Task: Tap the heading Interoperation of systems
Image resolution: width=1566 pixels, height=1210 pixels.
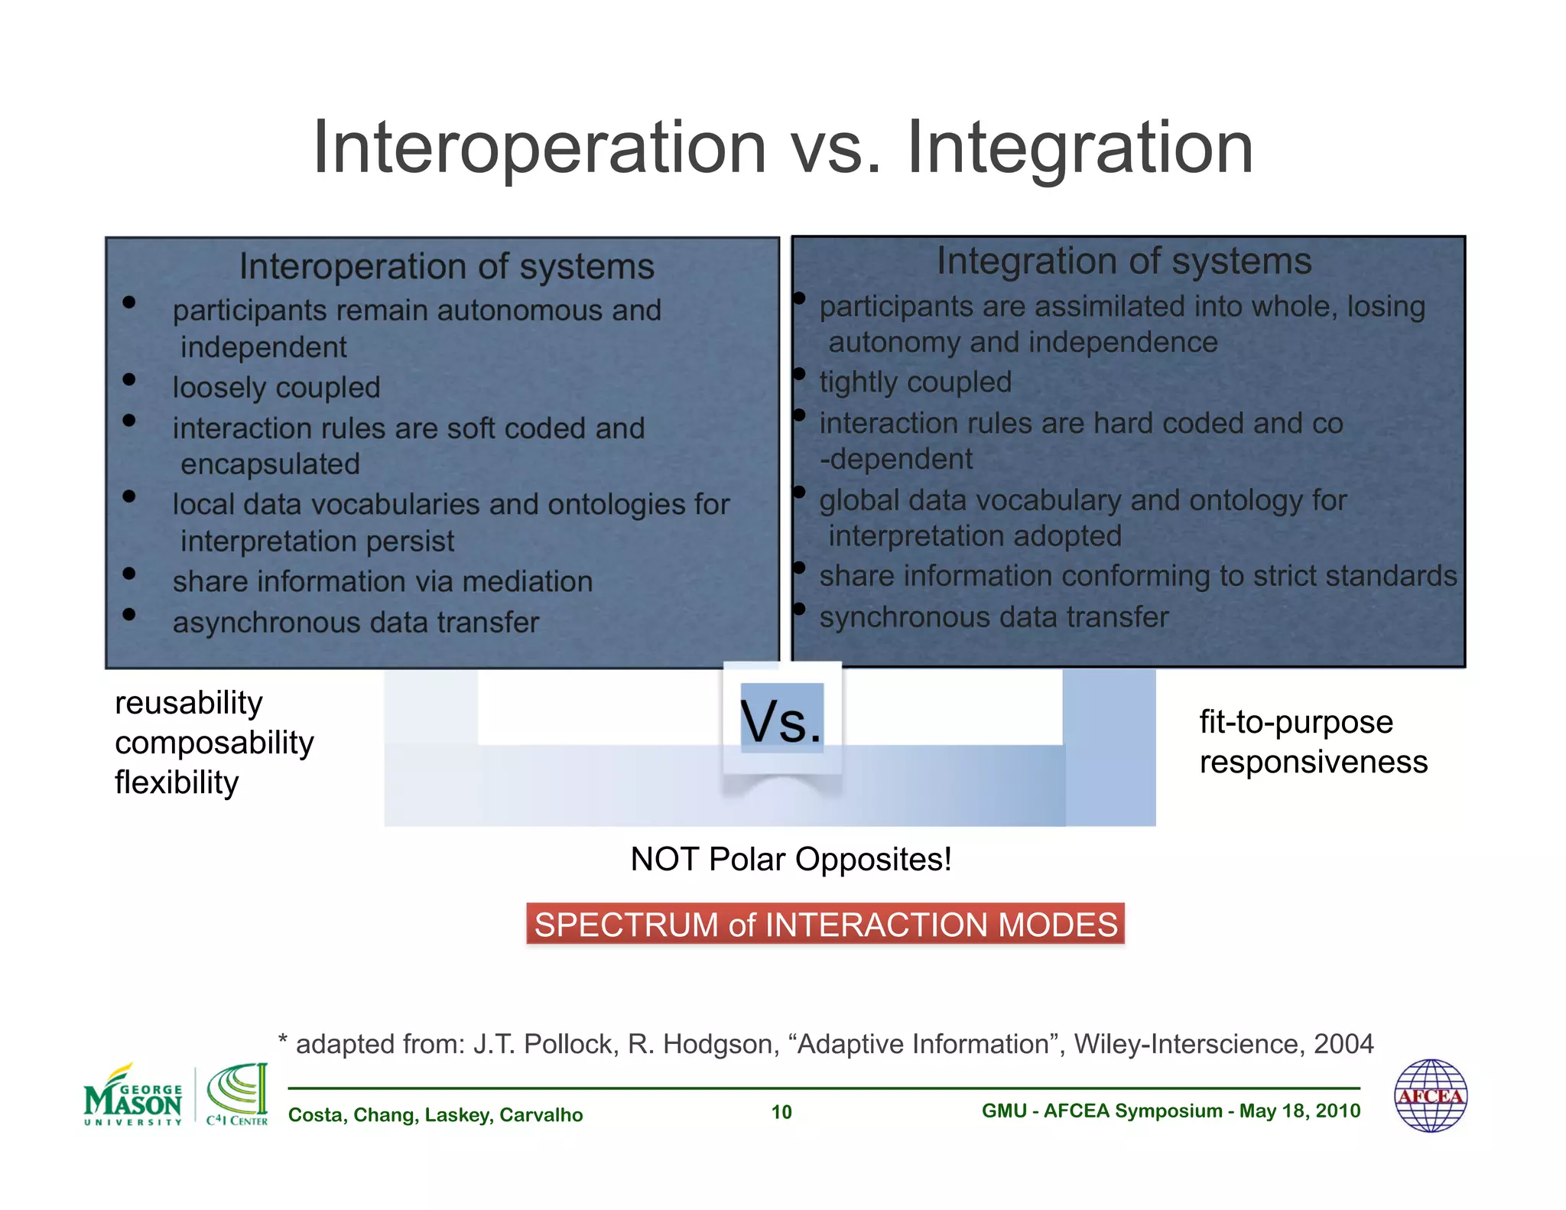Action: [447, 266]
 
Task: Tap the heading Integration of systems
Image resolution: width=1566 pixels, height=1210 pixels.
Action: [1124, 261]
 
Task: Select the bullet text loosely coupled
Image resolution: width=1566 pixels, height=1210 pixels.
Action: [276, 387]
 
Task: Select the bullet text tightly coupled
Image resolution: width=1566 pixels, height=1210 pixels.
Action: [915, 382]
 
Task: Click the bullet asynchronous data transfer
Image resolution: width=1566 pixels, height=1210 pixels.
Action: [356, 623]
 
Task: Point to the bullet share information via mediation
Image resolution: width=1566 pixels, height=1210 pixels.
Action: [382, 581]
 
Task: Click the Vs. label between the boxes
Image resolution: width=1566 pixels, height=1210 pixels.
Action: [781, 721]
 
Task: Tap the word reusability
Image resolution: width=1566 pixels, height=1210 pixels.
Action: [188, 702]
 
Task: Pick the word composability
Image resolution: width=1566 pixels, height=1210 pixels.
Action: [214, 743]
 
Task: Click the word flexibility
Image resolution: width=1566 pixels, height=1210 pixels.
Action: [177, 782]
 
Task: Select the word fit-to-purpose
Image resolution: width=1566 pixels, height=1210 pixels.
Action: [1296, 722]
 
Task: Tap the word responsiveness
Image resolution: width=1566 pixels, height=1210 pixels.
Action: [1313, 762]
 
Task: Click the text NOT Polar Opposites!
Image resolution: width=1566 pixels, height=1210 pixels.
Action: [791, 859]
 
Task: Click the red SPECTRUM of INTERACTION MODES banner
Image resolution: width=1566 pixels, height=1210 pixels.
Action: [825, 924]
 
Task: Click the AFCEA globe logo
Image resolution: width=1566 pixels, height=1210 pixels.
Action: [1430, 1095]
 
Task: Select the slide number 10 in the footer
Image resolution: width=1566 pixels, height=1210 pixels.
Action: [781, 1112]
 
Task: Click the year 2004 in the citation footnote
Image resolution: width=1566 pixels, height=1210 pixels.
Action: [1343, 1044]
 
